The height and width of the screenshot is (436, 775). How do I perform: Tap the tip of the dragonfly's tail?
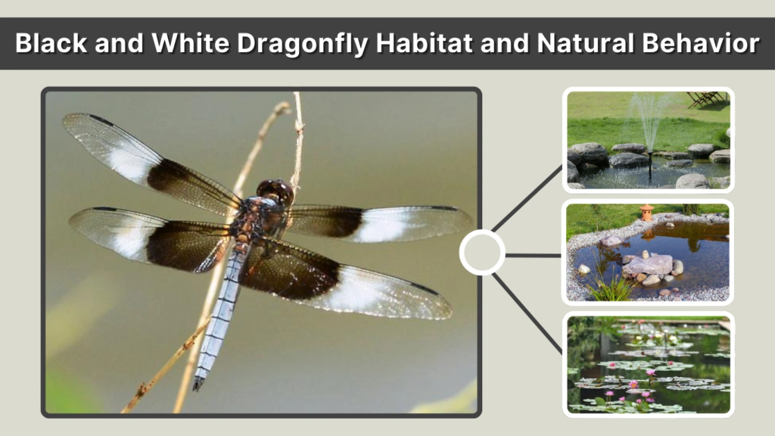coord(198,385)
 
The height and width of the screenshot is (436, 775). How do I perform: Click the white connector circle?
coord(482,253)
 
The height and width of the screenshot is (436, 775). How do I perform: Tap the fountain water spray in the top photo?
coord(649,121)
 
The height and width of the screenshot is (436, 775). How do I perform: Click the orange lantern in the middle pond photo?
coord(646,212)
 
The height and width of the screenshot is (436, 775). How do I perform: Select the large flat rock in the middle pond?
coord(648,265)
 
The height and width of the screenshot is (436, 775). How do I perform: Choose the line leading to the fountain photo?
coord(527,198)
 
